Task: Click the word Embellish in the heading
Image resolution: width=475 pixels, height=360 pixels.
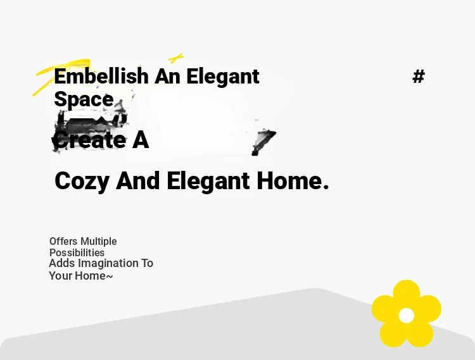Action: click(x=101, y=76)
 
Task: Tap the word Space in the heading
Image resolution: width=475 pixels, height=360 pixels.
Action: click(x=84, y=99)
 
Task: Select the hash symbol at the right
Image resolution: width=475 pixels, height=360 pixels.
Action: click(x=419, y=76)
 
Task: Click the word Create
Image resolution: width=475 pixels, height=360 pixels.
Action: click(x=89, y=140)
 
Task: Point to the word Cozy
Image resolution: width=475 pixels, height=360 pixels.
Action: click(x=82, y=180)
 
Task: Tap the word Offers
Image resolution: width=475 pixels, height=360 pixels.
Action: click(x=63, y=242)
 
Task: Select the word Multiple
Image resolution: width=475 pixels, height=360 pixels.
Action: click(x=98, y=242)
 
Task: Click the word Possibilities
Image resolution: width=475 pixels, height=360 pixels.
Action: click(x=77, y=252)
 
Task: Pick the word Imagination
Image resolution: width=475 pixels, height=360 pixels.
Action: click(x=108, y=263)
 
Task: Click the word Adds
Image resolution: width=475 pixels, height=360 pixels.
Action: click(x=62, y=263)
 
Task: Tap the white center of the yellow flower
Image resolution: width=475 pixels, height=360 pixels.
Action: click(x=406, y=316)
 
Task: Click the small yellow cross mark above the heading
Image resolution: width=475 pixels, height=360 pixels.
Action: click(x=176, y=58)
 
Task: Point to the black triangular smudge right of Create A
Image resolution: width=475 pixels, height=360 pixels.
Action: click(x=263, y=142)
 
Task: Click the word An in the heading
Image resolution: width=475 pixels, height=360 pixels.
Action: click(x=167, y=77)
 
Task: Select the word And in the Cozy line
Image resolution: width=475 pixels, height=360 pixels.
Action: click(x=138, y=180)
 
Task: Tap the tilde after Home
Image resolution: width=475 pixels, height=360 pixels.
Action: click(x=110, y=276)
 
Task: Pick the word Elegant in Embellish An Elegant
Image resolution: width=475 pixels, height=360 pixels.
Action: click(x=223, y=77)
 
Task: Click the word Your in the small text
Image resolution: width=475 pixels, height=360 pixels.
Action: click(x=61, y=276)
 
